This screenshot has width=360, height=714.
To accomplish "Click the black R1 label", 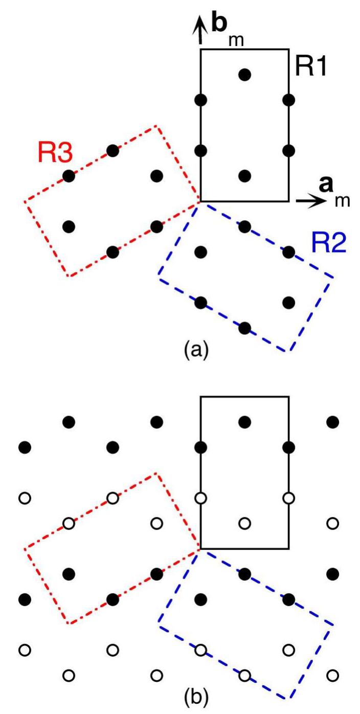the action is tap(311, 66).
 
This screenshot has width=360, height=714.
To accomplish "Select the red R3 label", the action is tap(55, 152).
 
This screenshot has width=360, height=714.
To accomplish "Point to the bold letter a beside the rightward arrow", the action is tap(326, 185).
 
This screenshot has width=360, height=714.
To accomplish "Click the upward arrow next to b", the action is tap(200, 30).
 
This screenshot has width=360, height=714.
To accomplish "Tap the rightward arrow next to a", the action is tap(311, 201).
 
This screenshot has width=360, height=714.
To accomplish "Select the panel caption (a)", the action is tap(196, 350).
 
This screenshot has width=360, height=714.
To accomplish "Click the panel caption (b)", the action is tap(196, 698).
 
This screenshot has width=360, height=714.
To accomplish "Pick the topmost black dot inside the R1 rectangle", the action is tap(244, 75).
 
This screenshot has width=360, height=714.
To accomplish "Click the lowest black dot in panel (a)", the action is tap(244, 328).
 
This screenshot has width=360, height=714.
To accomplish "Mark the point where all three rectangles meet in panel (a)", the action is tap(200, 201).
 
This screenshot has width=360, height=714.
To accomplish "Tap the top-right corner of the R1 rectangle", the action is tap(289, 49).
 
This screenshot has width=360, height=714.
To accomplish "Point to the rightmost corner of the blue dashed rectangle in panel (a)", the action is tap(333, 278).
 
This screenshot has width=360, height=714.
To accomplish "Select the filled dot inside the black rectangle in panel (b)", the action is tap(244, 422).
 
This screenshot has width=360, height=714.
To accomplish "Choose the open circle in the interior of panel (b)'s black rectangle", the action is tap(244, 523).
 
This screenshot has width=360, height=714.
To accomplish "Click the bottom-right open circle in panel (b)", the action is tap(332, 675).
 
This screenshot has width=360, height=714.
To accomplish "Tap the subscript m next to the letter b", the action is tap(236, 40).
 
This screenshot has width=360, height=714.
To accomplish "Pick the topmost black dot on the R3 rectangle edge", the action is tap(112, 150).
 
